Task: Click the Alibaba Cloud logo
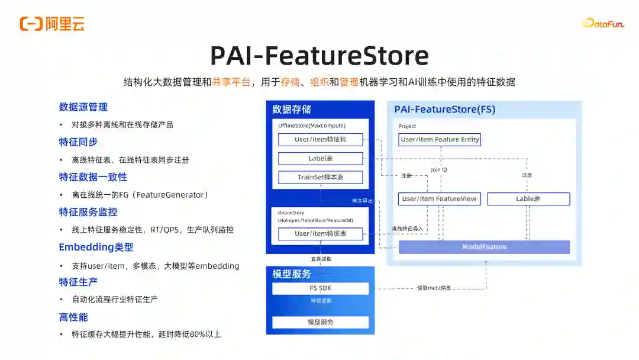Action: coord(52,24)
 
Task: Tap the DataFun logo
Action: coord(603,24)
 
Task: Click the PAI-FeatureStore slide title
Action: coord(319,56)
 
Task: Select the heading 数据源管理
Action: coord(83,107)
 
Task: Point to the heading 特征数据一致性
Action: coord(93,177)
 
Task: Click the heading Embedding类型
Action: coord(96,247)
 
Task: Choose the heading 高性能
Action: coord(73,317)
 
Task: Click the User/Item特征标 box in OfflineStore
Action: coord(320,140)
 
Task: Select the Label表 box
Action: coord(320,159)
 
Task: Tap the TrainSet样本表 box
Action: coord(320,177)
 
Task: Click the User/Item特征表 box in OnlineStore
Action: coord(320,234)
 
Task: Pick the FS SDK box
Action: coord(320,288)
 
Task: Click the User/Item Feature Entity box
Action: coord(440,140)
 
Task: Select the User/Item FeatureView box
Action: coord(439,199)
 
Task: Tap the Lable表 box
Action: coord(528,199)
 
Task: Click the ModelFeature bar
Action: coord(484,247)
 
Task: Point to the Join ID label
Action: coord(439,170)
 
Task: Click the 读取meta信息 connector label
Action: coord(434,288)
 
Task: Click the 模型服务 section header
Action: coord(292,274)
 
